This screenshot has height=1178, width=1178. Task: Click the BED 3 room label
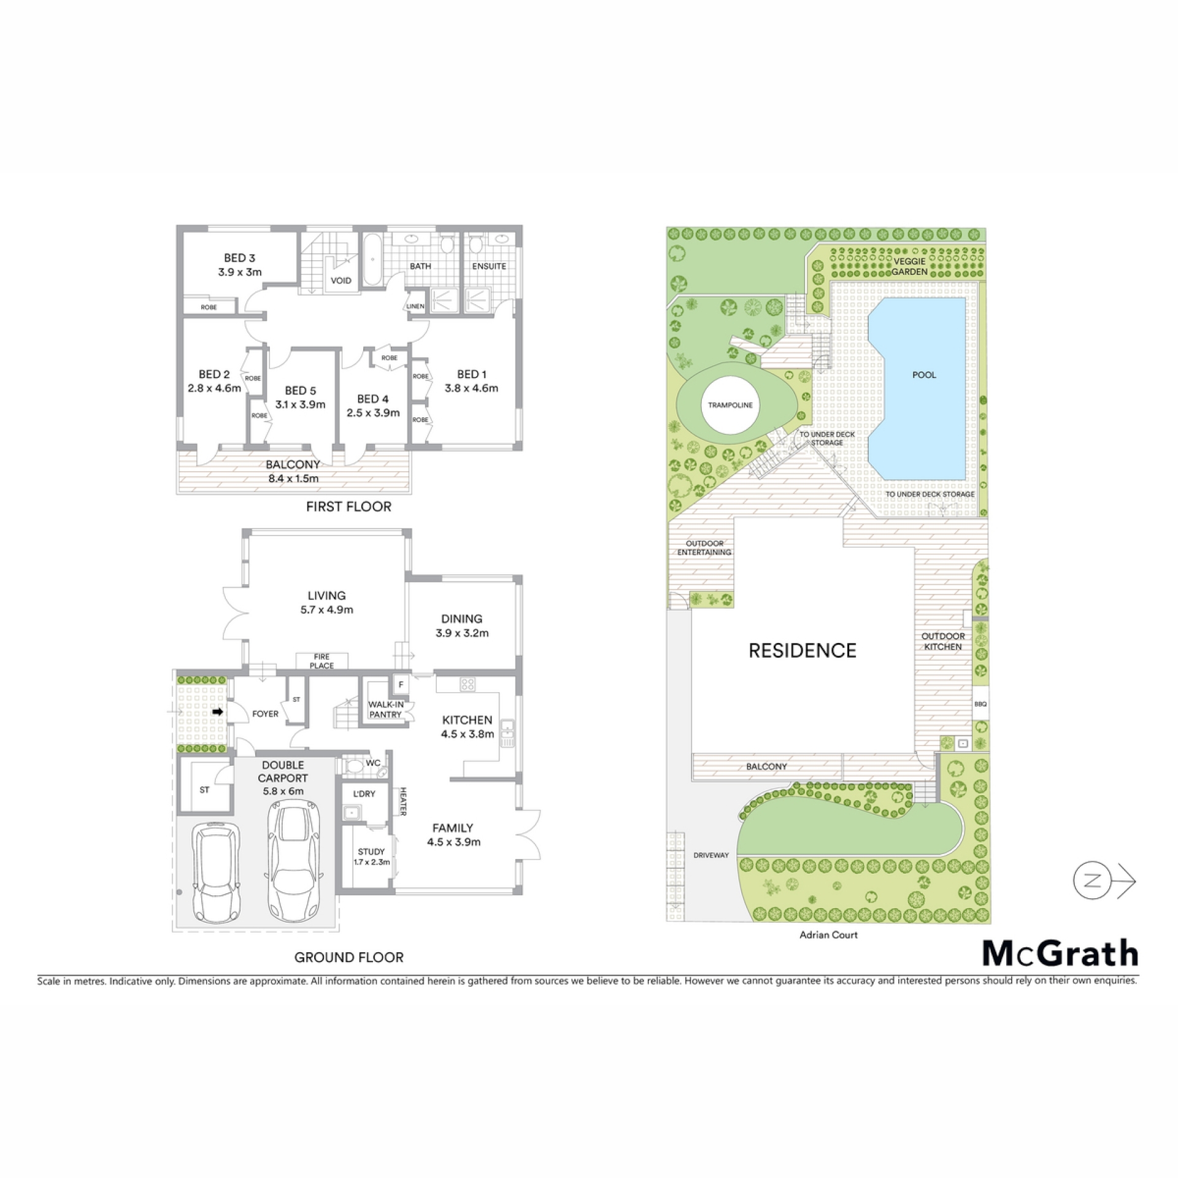(239, 258)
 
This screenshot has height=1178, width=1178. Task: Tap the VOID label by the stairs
(341, 281)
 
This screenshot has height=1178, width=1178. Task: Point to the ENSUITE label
(489, 266)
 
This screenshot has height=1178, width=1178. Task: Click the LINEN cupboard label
(415, 306)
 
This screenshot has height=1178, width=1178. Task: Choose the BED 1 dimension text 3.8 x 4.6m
(471, 388)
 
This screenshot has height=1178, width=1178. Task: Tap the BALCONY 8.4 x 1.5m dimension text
(293, 478)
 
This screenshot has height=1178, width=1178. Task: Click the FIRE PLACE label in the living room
(322, 661)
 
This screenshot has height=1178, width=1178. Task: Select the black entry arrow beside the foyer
(218, 712)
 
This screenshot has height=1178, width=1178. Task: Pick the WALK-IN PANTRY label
(385, 709)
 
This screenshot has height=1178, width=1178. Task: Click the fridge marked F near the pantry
(401, 684)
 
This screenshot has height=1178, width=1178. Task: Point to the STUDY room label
(371, 852)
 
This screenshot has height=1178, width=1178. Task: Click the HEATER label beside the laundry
(404, 802)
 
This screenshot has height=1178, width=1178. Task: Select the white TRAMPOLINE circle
(730, 405)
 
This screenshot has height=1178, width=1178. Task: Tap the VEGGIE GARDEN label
(909, 266)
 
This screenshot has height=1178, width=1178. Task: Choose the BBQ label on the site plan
(980, 704)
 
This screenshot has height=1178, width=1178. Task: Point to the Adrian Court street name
(828, 935)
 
